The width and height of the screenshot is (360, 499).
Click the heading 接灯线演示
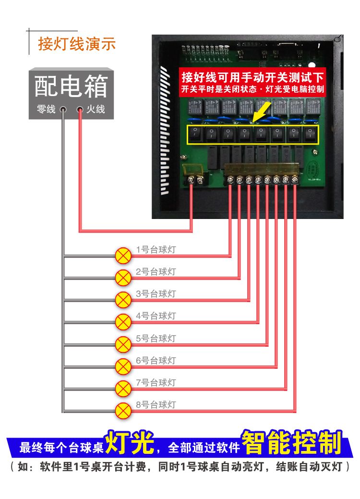click(77, 44)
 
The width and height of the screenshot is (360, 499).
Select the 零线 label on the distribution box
click(46, 110)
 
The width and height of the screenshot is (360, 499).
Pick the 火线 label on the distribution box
click(96, 110)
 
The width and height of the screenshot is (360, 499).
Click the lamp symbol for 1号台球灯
click(124, 255)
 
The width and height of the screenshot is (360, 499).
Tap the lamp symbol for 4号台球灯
click(124, 322)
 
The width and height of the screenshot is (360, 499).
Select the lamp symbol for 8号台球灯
click(124, 411)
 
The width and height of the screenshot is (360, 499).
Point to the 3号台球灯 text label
click(156, 294)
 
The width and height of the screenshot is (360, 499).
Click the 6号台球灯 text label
click(156, 361)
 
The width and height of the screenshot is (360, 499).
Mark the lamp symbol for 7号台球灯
click(124, 388)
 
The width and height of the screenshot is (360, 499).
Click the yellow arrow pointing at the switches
click(260, 115)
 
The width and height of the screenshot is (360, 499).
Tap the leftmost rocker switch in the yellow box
click(195, 134)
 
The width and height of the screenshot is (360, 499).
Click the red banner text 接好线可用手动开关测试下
click(252, 77)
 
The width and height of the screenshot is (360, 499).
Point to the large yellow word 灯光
click(130, 443)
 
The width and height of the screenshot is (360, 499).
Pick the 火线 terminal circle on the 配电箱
click(80, 110)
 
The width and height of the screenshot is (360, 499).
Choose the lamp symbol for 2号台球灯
click(124, 277)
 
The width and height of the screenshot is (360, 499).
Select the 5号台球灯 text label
click(156, 339)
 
